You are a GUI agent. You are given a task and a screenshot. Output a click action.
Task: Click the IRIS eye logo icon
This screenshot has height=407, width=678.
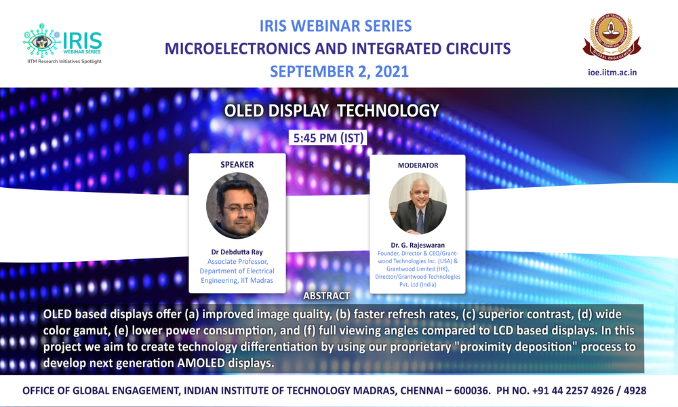41,41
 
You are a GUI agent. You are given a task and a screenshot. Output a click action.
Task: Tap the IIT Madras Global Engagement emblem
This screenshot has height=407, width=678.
612,37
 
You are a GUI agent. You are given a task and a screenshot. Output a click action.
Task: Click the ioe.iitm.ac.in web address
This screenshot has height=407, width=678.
612,72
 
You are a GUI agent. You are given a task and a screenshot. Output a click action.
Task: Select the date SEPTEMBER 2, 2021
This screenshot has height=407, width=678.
340,71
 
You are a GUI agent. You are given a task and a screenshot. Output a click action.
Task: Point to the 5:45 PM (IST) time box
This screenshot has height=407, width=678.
328,138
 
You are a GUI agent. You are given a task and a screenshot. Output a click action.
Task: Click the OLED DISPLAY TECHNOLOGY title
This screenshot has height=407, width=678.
332,111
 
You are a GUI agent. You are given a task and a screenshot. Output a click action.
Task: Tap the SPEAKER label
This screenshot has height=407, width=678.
237,165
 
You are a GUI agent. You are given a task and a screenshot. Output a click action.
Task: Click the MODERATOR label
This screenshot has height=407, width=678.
418,166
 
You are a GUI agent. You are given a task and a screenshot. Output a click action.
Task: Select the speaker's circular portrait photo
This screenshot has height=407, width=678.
237,206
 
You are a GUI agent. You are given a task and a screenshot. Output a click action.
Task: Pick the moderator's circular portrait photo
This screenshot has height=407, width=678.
418,203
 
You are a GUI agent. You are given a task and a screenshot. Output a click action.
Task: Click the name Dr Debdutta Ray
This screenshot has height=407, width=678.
237,252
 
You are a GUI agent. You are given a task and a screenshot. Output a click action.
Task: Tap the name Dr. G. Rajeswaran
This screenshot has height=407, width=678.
418,245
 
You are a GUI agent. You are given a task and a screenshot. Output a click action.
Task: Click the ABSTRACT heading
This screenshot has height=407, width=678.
327,296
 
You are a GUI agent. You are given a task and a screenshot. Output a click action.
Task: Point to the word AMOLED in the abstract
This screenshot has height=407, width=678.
201,362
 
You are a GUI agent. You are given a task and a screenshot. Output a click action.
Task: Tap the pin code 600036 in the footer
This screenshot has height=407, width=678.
472,391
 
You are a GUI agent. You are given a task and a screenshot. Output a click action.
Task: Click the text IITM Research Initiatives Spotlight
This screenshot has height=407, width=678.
64,62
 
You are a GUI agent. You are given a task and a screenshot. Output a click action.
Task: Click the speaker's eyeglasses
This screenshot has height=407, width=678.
239,208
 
